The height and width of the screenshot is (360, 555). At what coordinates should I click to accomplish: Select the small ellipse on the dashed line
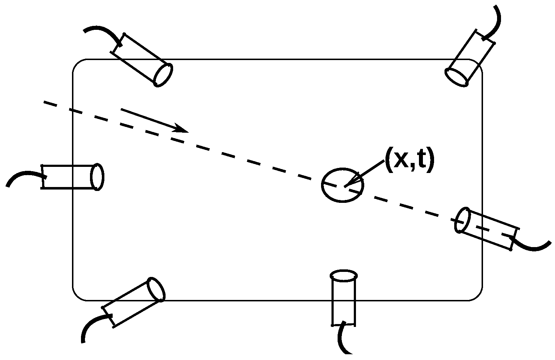[x=343, y=185]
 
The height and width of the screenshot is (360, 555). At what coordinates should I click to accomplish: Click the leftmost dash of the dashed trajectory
[x=50, y=104]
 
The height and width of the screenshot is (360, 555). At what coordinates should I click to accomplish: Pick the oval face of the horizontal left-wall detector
[x=98, y=177]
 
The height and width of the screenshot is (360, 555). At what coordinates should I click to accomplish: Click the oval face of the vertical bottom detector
[x=344, y=276]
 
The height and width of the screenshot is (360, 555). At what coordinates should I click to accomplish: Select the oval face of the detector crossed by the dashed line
[x=463, y=220]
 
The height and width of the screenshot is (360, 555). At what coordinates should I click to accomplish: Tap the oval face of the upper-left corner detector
[x=163, y=75]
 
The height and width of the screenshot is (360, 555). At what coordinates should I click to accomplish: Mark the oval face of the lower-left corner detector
[x=157, y=289]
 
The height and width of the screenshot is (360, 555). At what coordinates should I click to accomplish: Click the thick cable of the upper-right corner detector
[x=495, y=22]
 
